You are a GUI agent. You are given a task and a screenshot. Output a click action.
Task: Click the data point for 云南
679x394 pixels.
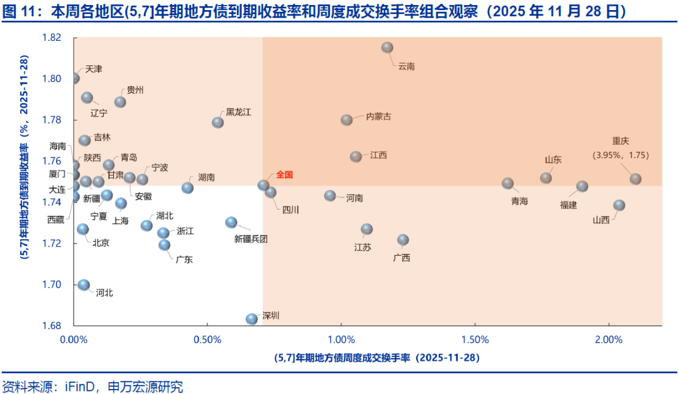pyautogui.click(x=387, y=47)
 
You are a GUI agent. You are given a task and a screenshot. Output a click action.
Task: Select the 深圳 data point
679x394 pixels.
pyautogui.click(x=251, y=319)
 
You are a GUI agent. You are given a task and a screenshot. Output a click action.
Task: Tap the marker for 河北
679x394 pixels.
pyautogui.click(x=84, y=285)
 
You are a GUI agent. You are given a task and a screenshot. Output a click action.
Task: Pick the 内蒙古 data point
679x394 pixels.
pyautogui.click(x=346, y=120)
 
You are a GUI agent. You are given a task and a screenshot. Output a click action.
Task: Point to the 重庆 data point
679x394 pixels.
pyautogui.click(x=636, y=179)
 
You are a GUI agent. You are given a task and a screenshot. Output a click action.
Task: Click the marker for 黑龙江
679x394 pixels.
pyautogui.click(x=218, y=122)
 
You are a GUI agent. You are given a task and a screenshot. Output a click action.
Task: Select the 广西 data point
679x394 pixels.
pyautogui.click(x=403, y=240)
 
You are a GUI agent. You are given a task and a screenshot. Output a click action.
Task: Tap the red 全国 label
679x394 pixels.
pyautogui.click(x=285, y=174)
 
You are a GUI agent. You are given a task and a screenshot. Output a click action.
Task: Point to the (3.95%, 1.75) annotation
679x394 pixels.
pyautogui.click(x=621, y=155)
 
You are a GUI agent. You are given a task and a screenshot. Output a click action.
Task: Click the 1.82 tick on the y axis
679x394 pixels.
pyautogui.click(x=52, y=38)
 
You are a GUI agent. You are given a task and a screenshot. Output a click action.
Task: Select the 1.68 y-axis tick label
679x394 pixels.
pyautogui.click(x=52, y=325)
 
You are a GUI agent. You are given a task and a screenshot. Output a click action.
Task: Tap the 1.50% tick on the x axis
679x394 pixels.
pyautogui.click(x=475, y=341)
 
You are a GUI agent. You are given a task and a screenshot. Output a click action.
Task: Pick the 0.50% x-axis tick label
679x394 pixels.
pyautogui.click(x=207, y=341)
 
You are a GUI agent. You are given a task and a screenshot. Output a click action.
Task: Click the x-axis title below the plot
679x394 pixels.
pyautogui.click(x=377, y=357)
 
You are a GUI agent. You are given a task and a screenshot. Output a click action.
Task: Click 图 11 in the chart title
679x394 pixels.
pyautogui.click(x=17, y=11)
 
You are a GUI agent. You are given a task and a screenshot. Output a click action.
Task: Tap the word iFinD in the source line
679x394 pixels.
pyautogui.click(x=79, y=385)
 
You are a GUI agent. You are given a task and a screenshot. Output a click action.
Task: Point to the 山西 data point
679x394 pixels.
pyautogui.click(x=619, y=205)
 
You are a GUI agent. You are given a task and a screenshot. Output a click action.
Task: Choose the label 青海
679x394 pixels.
pyautogui.click(x=519, y=201)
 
